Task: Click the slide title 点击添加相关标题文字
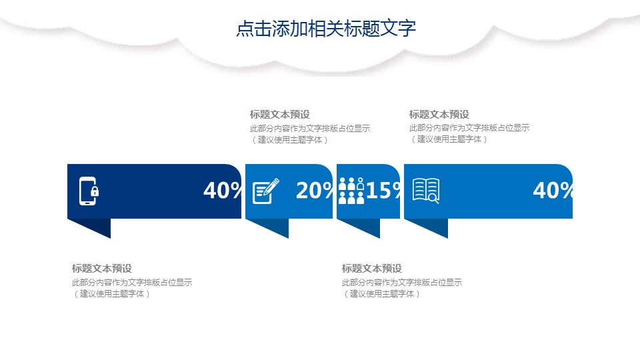326,28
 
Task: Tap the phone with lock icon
89,191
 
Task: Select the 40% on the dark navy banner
223,190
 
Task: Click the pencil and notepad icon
266,191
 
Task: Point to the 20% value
314,190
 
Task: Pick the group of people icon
351,191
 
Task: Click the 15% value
383,190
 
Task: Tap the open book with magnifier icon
426,191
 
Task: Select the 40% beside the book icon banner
553,190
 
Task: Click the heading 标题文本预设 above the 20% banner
280,115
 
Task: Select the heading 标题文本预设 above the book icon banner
439,114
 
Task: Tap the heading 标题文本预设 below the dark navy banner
102,269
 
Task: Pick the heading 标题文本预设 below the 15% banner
372,269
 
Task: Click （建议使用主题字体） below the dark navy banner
111,294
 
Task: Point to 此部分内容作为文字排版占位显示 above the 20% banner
310,129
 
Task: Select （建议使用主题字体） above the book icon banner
449,139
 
